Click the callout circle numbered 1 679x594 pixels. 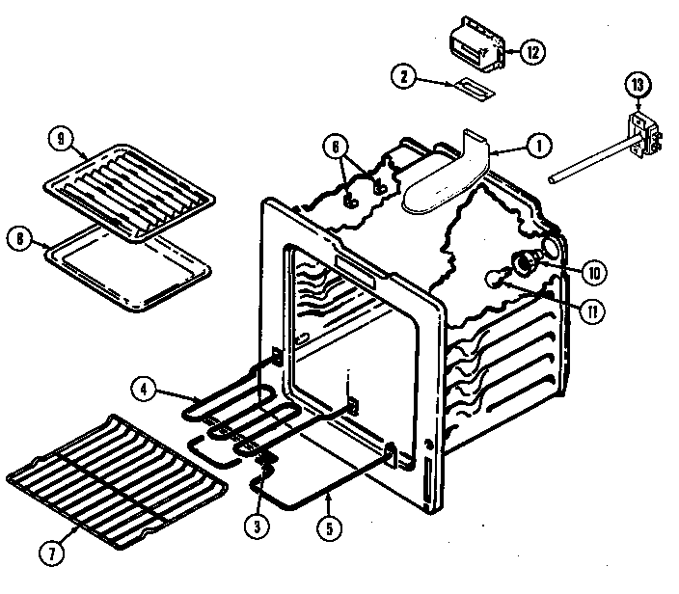(x=537, y=146)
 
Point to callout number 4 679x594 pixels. (x=142, y=391)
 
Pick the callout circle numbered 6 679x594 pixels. (x=335, y=147)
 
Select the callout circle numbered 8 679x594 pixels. (x=18, y=238)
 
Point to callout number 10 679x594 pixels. (x=594, y=274)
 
